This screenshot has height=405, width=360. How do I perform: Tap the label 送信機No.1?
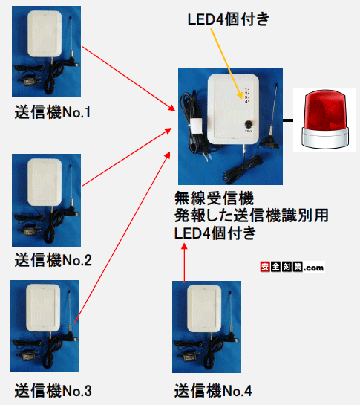[52, 113]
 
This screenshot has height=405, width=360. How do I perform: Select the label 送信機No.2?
[52, 260]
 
